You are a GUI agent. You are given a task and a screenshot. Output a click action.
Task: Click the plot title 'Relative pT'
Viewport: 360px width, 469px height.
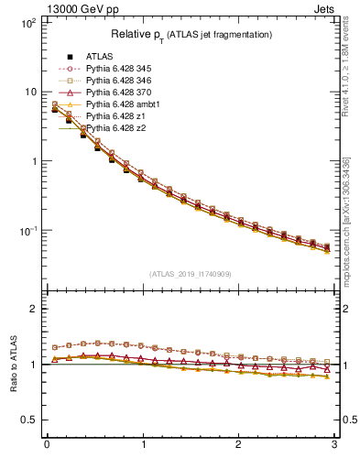point(191,34)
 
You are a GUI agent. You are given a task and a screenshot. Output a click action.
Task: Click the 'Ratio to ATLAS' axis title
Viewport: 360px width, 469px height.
point(13,365)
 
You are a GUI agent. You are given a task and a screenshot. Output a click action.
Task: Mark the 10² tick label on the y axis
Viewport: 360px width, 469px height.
point(27,22)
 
